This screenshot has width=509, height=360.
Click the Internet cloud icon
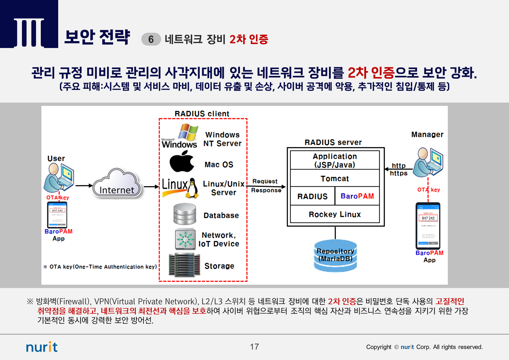[117, 184]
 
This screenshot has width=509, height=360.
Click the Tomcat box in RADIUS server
[335, 178]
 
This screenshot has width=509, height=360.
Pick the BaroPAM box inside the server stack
[357, 196]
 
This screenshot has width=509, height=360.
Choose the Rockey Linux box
[335, 214]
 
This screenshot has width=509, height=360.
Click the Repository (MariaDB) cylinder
[335, 255]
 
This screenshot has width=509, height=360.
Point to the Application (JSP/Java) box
[335, 160]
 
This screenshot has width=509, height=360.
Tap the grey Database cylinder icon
[185, 214]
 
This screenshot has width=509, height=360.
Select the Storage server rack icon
[184, 265]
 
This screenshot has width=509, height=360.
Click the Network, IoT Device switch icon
[185, 239]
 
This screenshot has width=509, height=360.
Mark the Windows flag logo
[188, 132]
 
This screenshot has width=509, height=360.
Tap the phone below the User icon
[57, 215]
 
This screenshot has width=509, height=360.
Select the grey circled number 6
[151, 39]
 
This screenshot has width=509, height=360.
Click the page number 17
[254, 347]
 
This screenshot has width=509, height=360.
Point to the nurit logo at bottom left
[42, 347]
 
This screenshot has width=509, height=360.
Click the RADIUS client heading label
[202, 114]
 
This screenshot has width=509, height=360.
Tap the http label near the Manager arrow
[398, 166]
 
